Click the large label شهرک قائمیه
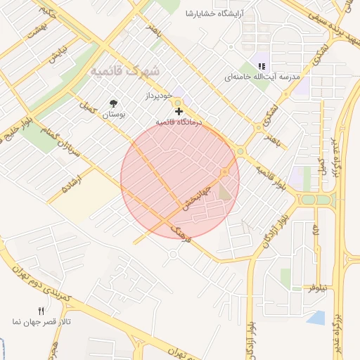(125, 71)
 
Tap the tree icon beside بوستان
(113, 103)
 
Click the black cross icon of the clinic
(179, 111)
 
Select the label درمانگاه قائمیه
(179, 122)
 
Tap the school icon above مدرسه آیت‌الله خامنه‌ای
(262, 66)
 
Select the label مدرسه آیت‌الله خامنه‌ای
(262, 76)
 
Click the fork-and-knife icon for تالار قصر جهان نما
(41, 310)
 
